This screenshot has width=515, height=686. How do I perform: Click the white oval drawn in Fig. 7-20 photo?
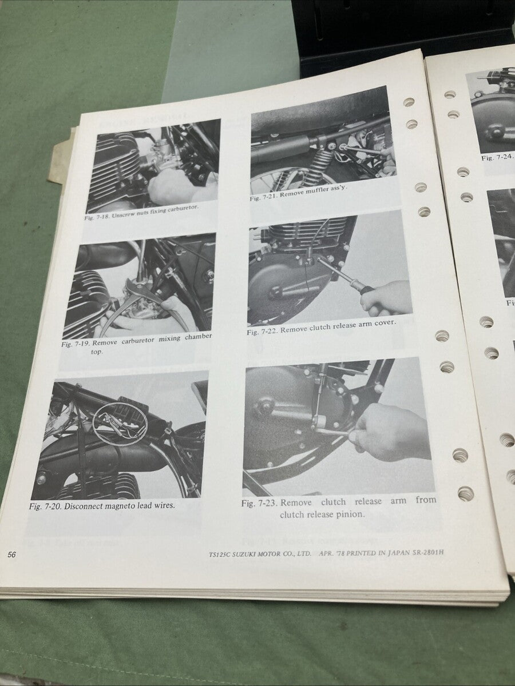click(x=120, y=424)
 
